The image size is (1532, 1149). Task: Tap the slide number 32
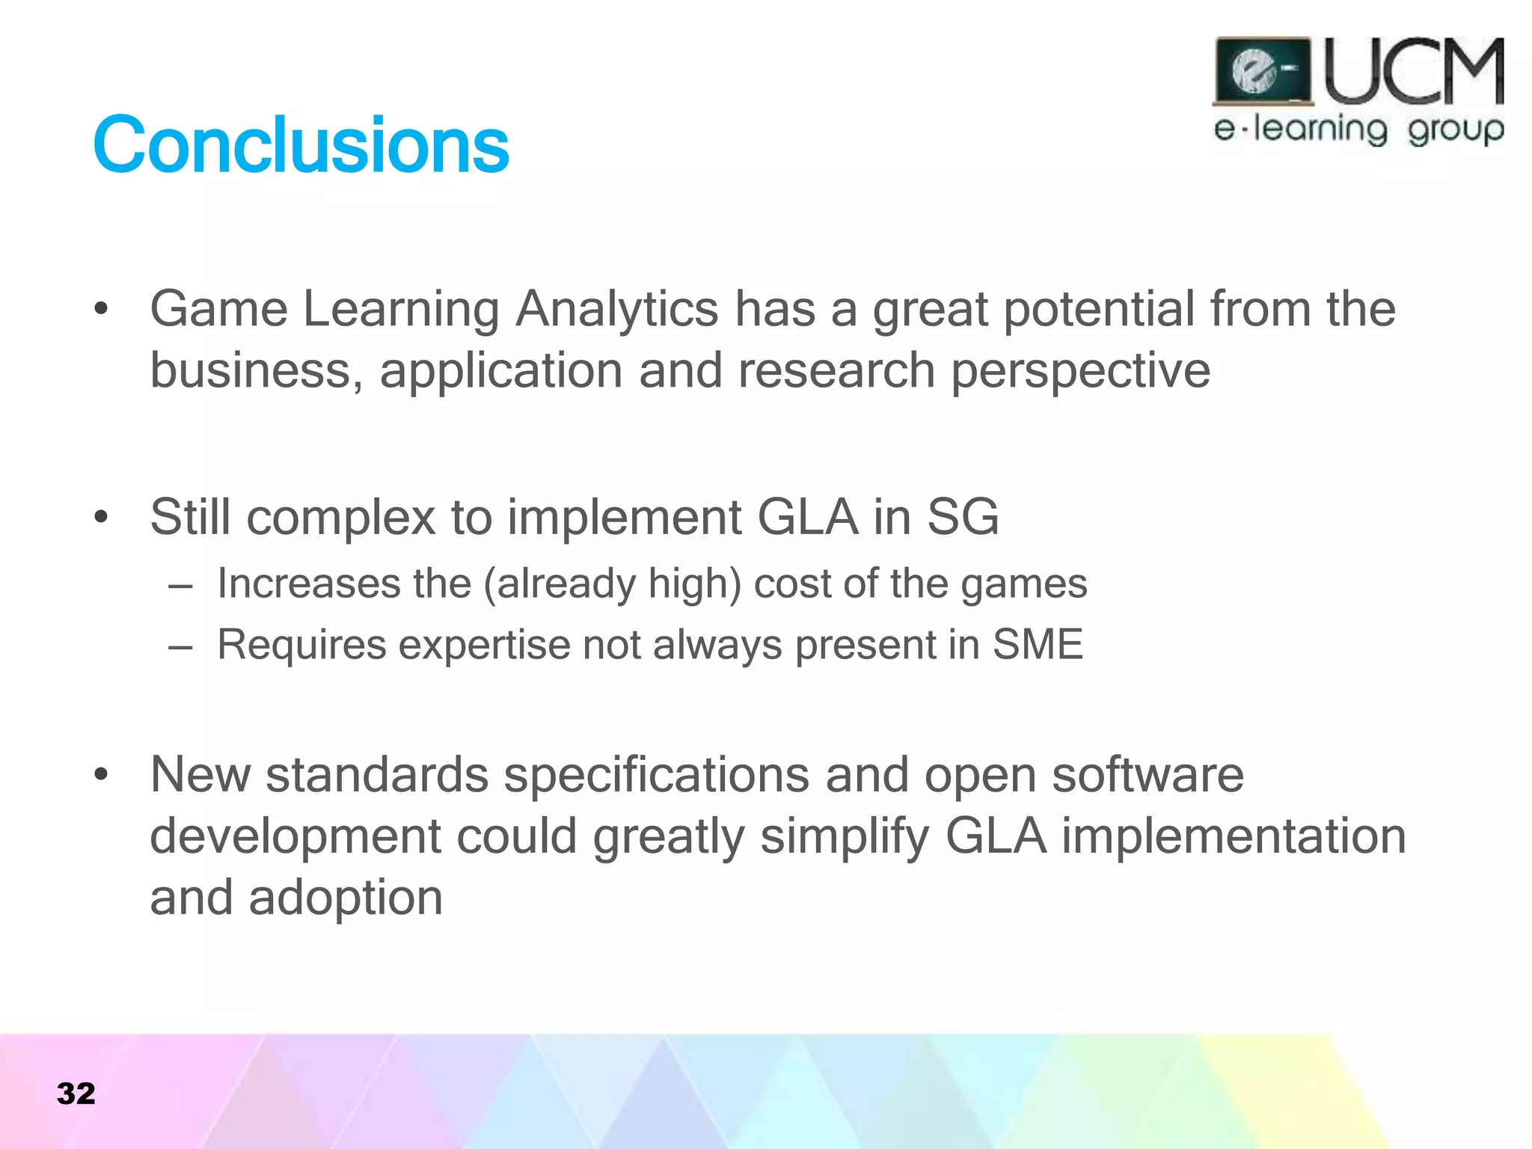(x=76, y=1094)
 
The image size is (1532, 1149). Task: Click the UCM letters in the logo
(x=1413, y=73)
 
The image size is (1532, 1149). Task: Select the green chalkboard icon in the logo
(x=1263, y=71)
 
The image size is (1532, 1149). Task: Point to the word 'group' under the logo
(x=1455, y=131)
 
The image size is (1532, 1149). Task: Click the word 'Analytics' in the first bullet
(x=617, y=309)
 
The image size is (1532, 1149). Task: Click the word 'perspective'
(x=1080, y=372)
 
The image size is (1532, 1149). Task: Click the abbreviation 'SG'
(x=963, y=517)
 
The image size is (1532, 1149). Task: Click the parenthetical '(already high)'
(x=612, y=584)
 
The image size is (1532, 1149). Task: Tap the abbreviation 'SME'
(x=1038, y=645)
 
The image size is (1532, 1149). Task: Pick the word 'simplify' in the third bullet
(x=845, y=837)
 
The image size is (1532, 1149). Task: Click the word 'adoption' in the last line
(x=346, y=898)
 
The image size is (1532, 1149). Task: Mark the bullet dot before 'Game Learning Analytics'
(x=102, y=309)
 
